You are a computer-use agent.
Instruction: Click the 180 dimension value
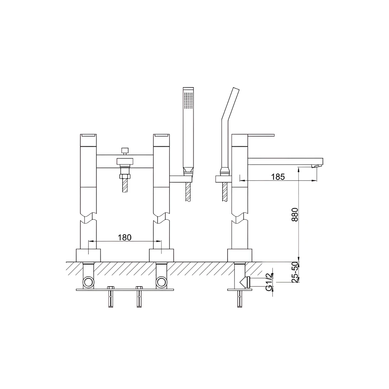click(124, 237)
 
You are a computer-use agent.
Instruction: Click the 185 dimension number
click(278, 177)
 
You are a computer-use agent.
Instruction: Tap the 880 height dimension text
click(295, 215)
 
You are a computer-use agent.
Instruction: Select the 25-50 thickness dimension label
click(295, 272)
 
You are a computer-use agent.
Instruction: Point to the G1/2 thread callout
click(269, 281)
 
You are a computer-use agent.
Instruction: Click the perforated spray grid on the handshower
click(188, 101)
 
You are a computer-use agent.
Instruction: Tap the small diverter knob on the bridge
click(124, 151)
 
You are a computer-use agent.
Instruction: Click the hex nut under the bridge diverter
click(124, 177)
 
